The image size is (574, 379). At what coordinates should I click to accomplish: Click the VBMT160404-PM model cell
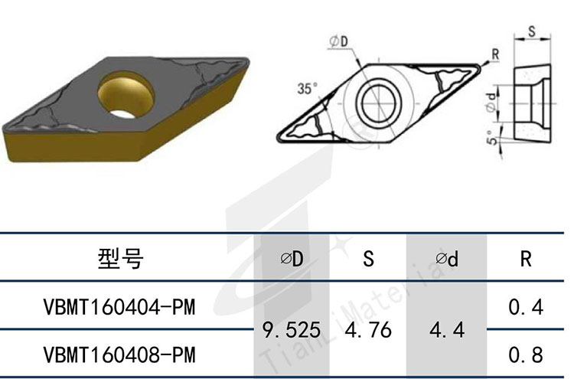(119, 307)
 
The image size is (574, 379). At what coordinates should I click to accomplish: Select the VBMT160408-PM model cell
(119, 354)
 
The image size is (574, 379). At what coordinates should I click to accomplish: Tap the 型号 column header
(120, 259)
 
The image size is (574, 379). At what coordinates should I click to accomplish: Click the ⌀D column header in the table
(292, 259)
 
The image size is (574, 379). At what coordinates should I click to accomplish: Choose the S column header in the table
(369, 259)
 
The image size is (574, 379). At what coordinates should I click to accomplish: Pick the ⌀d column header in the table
(447, 260)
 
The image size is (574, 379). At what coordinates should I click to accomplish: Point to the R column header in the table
(526, 259)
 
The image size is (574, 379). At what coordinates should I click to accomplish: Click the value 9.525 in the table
(292, 329)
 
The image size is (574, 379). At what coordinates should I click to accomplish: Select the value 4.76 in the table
(369, 329)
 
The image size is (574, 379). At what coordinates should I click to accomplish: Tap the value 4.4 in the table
(447, 329)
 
